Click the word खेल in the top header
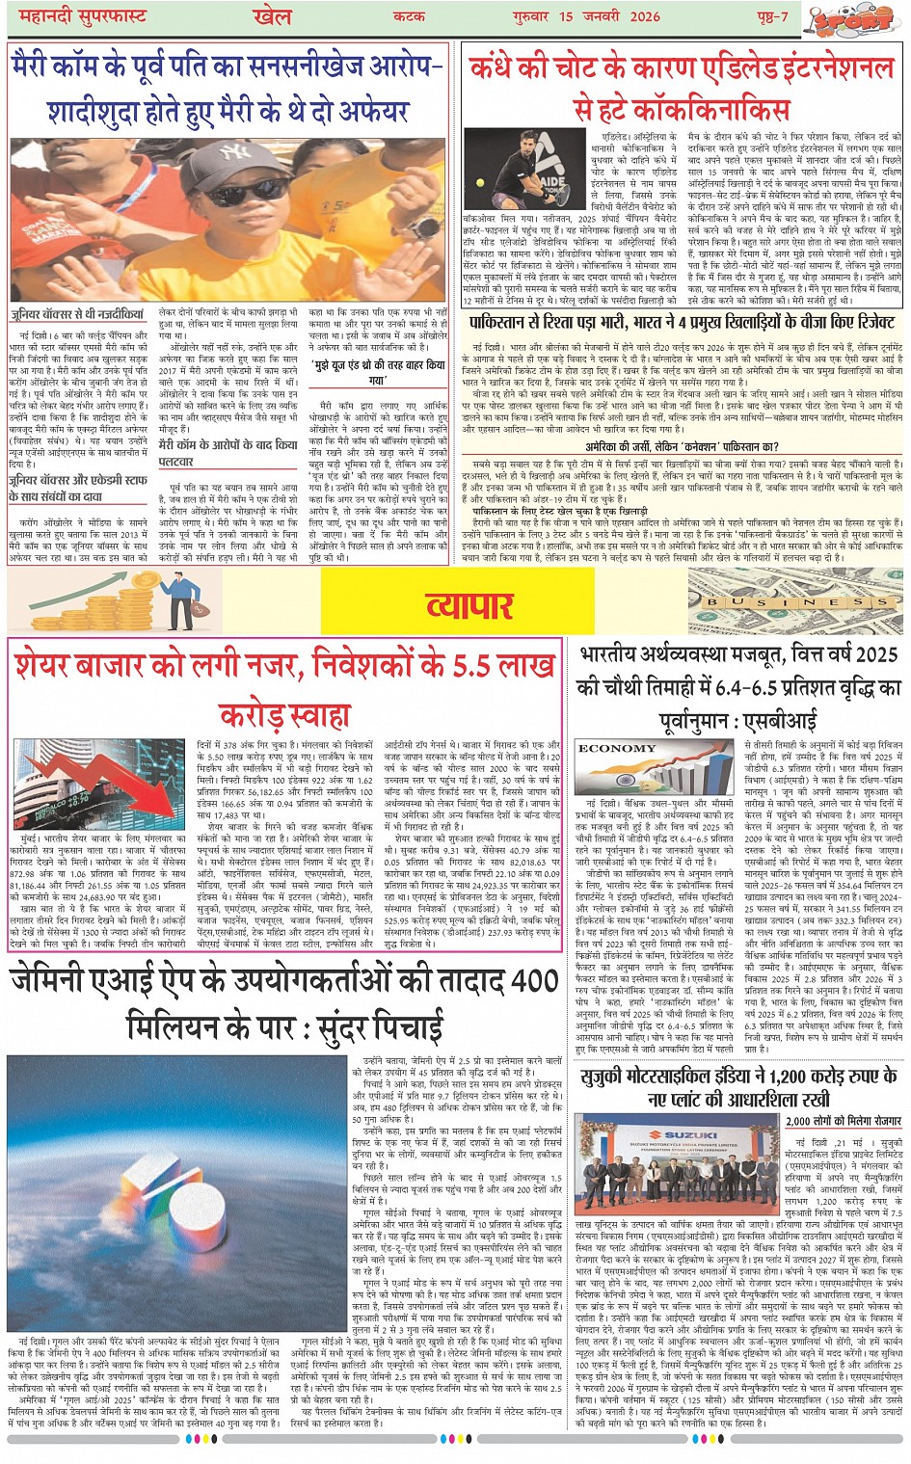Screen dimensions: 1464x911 tap(271, 15)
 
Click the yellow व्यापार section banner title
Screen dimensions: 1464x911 tap(469, 604)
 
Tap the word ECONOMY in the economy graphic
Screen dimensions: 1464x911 tap(617, 748)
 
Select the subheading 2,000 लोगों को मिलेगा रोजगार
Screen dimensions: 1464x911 tap(843, 1121)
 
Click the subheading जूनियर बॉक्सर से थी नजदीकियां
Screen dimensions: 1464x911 tap(77, 314)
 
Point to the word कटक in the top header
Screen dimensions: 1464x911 tap(409, 16)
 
